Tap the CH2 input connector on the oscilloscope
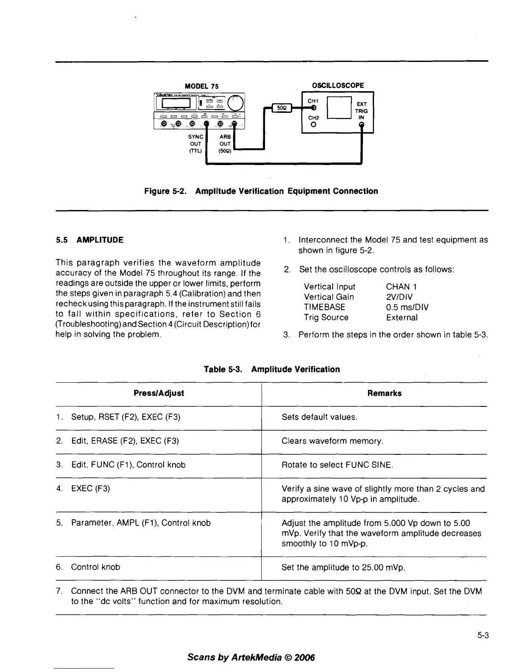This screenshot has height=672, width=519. tap(313, 125)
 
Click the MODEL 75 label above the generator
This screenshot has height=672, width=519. tap(201, 86)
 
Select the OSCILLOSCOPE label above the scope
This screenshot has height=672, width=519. tap(338, 85)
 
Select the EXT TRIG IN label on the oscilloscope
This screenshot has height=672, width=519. tap(362, 111)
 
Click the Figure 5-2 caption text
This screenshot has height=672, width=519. tap(261, 191)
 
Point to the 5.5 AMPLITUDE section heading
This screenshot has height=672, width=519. tap(89, 240)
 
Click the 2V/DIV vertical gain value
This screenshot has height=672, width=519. tap(399, 297)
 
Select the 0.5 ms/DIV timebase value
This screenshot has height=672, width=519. tap(407, 307)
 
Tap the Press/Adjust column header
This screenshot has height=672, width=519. tap(159, 393)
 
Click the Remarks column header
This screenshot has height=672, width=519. tap(384, 393)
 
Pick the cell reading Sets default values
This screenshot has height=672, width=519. tap(319, 417)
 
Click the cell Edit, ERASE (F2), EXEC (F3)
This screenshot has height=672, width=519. tap(125, 441)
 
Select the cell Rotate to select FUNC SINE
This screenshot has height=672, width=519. tap(337, 465)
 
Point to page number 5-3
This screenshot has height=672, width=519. tap(483, 636)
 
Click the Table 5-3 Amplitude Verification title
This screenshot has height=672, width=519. tap(271, 370)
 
